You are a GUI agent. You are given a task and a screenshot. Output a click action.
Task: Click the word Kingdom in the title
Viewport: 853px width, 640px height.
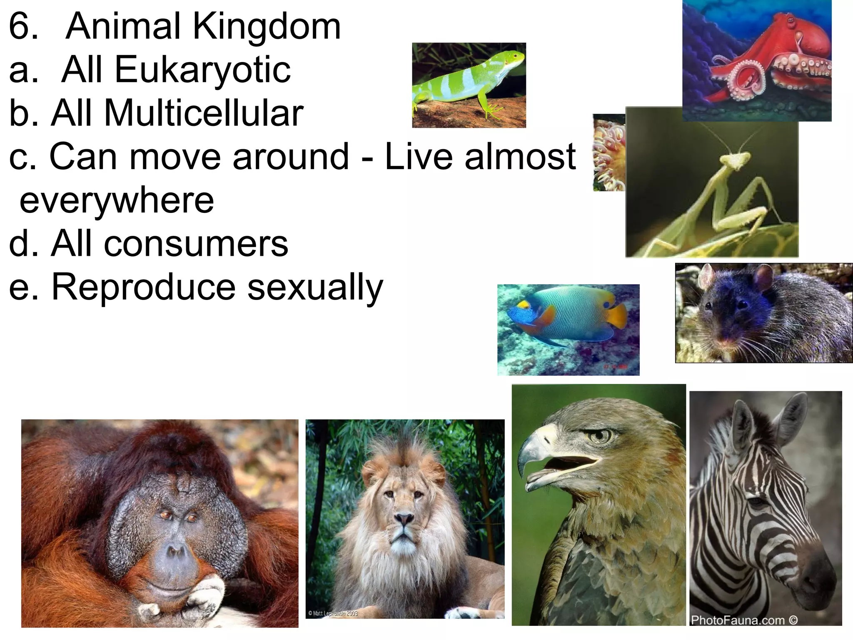point(267,27)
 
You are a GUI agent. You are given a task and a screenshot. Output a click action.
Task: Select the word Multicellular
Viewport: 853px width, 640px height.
point(204,113)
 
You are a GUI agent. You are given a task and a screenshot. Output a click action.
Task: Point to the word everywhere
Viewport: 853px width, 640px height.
point(117,201)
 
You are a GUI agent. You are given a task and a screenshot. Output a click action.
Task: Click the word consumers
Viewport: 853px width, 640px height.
point(196,244)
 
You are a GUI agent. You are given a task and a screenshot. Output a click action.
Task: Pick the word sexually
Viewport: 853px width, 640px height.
point(315,288)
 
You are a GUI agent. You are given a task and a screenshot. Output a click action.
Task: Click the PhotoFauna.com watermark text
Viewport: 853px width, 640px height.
point(744,620)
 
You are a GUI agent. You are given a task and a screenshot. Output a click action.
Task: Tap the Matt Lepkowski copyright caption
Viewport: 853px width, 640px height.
point(333,613)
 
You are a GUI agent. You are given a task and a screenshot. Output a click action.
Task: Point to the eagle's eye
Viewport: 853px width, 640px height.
point(600,436)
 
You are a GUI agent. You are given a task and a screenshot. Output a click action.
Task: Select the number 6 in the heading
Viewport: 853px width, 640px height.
point(23,27)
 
